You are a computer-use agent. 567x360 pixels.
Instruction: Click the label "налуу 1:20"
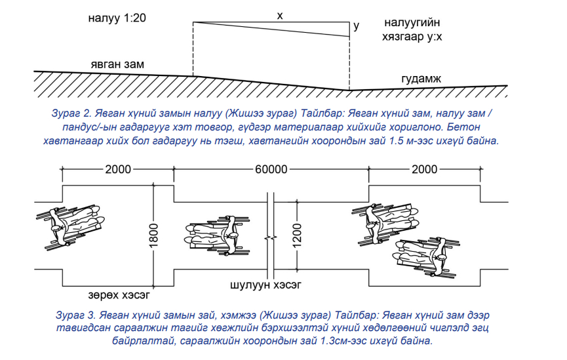117,18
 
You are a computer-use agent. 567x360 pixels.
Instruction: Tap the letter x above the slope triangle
280,15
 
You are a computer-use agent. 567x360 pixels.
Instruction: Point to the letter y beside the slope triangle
357,27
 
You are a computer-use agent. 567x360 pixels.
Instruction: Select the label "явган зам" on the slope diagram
118,64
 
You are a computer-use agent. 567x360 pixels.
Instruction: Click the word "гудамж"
421,79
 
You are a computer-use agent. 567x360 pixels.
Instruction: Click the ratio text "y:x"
431,37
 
